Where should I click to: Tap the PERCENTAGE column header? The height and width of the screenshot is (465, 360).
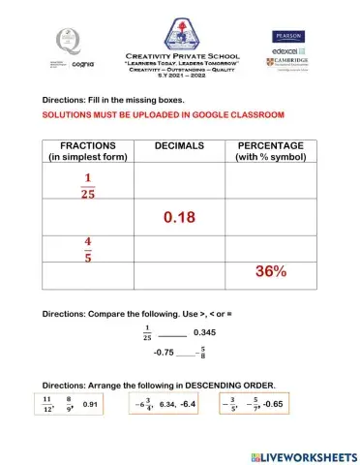tap(270, 151)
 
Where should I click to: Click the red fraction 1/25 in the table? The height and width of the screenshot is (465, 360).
tap(88, 183)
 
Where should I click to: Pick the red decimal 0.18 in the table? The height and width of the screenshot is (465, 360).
tap(179, 218)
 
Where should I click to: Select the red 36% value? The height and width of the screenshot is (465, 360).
tap(271, 272)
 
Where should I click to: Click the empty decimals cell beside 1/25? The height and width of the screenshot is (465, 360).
tap(179, 182)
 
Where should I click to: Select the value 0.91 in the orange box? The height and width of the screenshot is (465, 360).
tap(91, 403)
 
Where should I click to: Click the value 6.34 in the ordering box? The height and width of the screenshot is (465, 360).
tap(166, 403)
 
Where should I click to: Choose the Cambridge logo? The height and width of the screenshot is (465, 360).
tap(289, 63)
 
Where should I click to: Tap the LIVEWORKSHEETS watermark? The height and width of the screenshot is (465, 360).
tap(303, 455)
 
